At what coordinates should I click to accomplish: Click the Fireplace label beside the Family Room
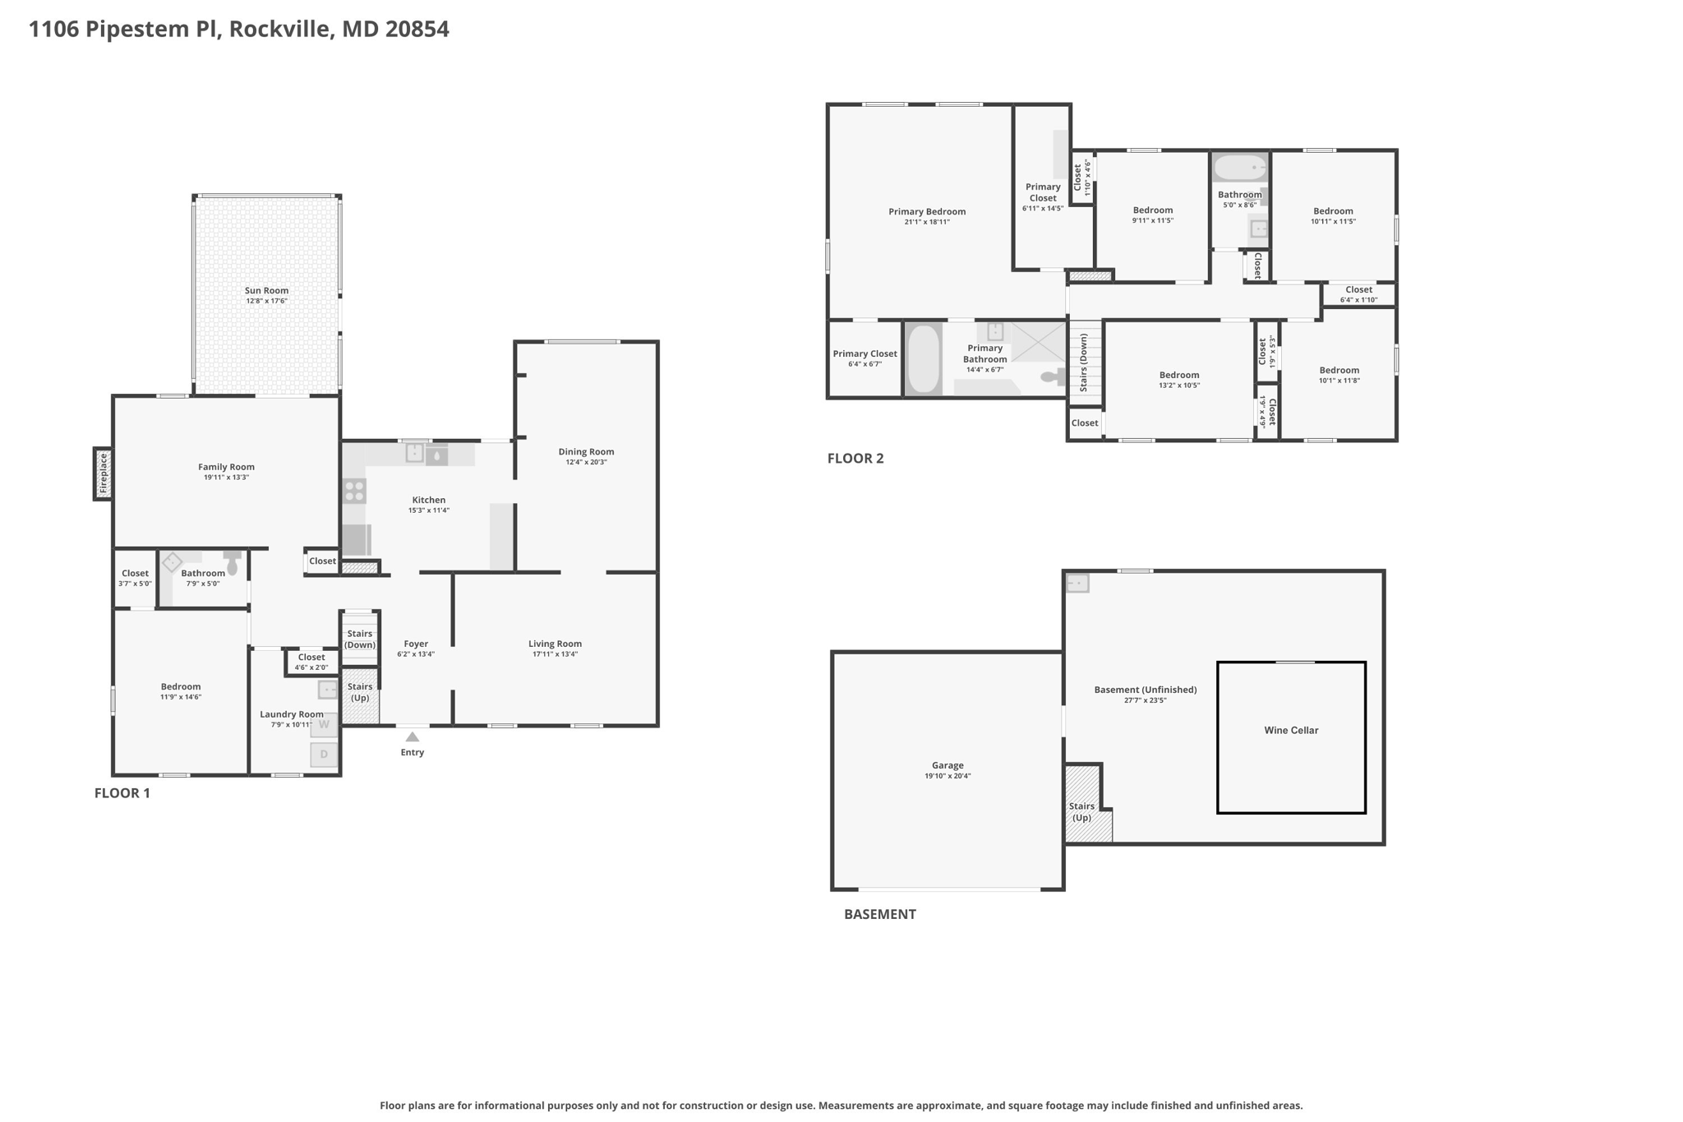104,473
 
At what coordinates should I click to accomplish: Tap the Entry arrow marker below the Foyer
413,737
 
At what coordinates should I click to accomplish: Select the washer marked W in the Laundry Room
324,725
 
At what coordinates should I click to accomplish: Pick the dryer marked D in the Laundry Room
324,755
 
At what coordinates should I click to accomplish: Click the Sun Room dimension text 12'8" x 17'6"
266,302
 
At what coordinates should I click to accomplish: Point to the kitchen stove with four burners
354,492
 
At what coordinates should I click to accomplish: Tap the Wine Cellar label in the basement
1291,730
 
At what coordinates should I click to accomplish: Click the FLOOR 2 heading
855,459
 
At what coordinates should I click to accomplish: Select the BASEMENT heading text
880,914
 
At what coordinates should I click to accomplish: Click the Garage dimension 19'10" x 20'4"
948,776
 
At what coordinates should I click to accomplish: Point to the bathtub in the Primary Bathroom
924,360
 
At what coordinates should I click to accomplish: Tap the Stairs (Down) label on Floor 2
1084,362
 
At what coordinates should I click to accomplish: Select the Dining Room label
586,451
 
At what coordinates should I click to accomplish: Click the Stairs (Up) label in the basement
1081,812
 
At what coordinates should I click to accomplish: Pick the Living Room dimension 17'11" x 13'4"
555,654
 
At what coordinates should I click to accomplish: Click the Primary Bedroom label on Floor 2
927,211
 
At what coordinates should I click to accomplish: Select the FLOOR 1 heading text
122,793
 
